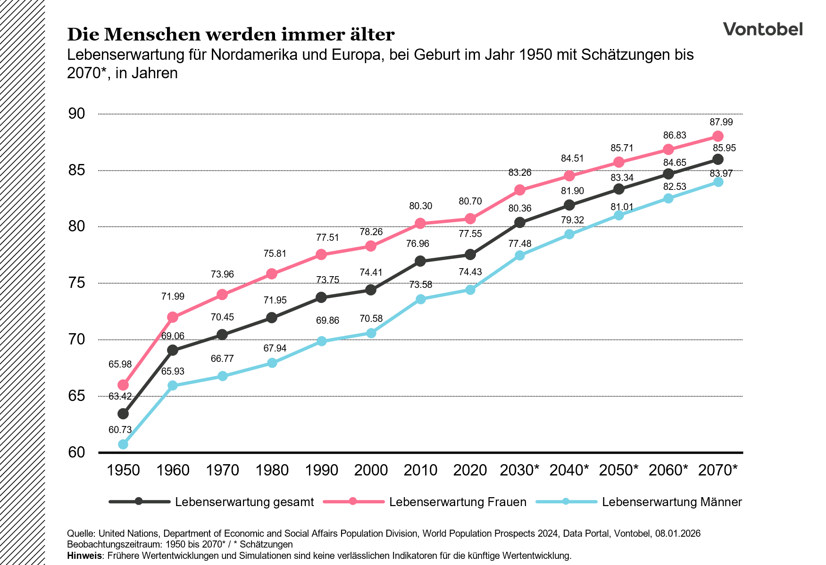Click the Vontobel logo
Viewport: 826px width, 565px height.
[x=762, y=29]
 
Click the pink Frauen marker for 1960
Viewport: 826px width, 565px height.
[x=173, y=317]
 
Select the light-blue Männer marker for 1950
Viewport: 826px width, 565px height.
[x=123, y=444]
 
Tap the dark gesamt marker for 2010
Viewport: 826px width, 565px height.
[x=421, y=261]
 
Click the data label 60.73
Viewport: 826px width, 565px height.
[x=120, y=430]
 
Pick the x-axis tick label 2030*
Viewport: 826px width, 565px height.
[x=519, y=470]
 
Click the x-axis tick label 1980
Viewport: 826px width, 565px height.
[x=272, y=470]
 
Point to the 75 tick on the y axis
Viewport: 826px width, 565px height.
[x=76, y=283]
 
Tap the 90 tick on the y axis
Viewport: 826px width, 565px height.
[x=76, y=114]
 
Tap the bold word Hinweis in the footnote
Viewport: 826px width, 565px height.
[x=84, y=556]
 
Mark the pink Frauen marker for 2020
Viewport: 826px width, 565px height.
[x=470, y=219]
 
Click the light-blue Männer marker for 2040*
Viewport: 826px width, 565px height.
[x=569, y=234]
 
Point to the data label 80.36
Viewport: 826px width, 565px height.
[x=520, y=208]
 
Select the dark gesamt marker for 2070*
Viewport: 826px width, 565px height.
[x=718, y=159]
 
